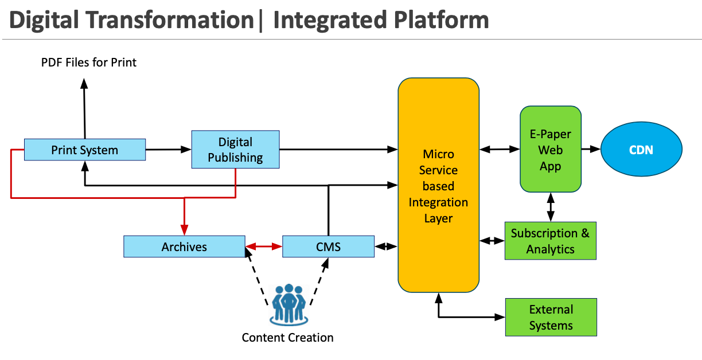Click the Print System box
click(85, 150)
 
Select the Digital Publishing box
click(235, 150)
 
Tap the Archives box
click(184, 246)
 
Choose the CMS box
click(328, 246)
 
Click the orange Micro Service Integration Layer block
click(438, 185)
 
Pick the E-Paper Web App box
click(551, 149)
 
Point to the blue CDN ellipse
click(641, 150)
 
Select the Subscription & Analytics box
click(551, 241)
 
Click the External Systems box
click(551, 317)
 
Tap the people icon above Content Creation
click(288, 304)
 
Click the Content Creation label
click(287, 338)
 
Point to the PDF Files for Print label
click(89, 62)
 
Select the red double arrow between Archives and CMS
click(264, 246)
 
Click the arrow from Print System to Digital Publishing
click(168, 150)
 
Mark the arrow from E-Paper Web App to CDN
click(591, 149)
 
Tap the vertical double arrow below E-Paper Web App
click(551, 207)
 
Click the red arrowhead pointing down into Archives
click(184, 230)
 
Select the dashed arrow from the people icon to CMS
click(319, 281)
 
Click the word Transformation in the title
click(170, 19)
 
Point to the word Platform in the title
click(441, 19)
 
